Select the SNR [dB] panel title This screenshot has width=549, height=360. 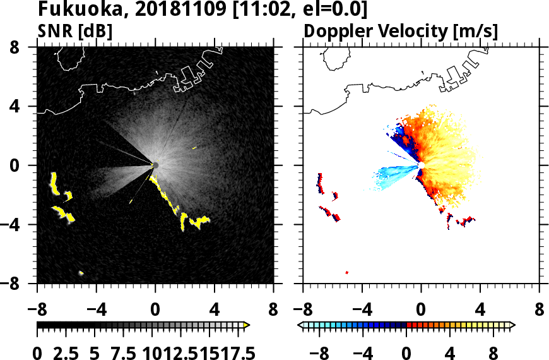(74, 30)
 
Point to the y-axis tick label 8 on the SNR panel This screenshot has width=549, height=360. (26, 47)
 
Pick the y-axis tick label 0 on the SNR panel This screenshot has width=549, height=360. (26, 165)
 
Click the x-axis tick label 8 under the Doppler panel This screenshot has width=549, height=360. (540, 311)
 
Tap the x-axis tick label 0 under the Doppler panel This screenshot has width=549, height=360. (421, 311)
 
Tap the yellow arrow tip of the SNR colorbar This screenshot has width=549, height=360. (247, 325)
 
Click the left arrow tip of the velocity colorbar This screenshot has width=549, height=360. (300, 325)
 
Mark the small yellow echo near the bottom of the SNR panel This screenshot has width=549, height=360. (81, 273)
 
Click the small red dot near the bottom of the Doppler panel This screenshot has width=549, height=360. (347, 272)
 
